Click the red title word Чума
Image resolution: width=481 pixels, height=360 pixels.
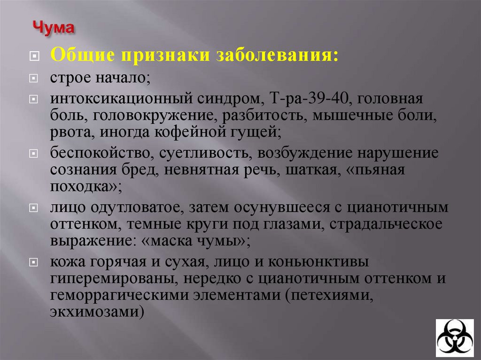(53, 28)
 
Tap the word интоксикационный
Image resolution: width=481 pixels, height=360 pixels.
(106, 100)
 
